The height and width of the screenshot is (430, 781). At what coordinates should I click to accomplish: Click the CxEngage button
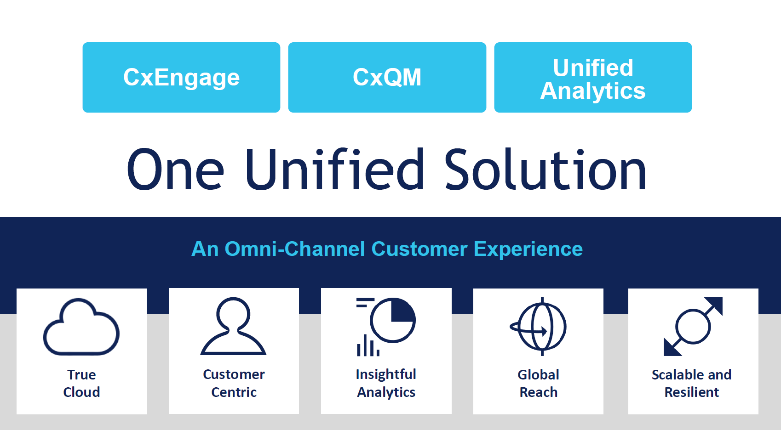coord(181,77)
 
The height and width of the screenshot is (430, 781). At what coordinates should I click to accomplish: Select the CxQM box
coord(387,77)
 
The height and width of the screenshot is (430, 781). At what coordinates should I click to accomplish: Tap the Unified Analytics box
coord(593,77)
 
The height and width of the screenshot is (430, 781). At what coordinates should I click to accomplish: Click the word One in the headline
coord(175,169)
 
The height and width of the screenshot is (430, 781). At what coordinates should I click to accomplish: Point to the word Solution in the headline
coord(546,169)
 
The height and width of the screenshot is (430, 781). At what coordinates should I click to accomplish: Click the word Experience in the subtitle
coord(528,249)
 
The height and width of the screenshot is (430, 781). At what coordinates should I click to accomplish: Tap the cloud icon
coord(81,327)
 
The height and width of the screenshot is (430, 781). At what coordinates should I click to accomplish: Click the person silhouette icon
coord(233,326)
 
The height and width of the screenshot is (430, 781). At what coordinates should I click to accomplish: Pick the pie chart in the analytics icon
coord(393,320)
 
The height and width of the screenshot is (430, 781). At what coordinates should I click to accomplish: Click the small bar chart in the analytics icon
coord(368,345)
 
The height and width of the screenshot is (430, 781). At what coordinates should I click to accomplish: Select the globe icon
coord(538,327)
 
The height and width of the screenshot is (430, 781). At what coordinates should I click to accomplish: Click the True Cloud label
coord(81,383)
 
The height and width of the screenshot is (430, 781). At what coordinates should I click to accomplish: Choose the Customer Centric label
coord(234,383)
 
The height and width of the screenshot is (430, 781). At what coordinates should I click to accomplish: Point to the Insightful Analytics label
coord(386,383)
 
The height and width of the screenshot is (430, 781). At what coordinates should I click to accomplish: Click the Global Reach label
coord(538,383)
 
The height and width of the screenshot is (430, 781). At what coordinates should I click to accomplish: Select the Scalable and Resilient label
coord(692,383)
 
